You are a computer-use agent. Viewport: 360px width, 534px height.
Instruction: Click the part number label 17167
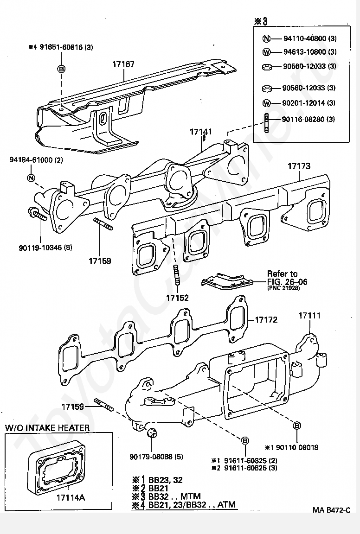123,64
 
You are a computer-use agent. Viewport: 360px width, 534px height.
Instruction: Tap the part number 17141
200,132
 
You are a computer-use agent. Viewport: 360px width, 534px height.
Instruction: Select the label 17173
299,166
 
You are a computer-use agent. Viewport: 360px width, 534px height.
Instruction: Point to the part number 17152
177,298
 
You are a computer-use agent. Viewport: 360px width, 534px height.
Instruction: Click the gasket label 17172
266,320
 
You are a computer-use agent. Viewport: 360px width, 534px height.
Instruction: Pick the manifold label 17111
309,316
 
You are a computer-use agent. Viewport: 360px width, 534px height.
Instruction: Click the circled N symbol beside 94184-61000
31,178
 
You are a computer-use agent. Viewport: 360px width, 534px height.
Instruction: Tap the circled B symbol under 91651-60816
61,69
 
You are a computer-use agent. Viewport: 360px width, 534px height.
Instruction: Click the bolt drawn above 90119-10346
37,215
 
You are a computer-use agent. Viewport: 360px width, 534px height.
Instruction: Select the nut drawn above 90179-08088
150,434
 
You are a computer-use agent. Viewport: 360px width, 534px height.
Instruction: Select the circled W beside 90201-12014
266,103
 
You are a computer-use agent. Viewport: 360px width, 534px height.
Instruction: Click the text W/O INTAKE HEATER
47,427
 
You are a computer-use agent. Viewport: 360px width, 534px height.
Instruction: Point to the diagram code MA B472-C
331,511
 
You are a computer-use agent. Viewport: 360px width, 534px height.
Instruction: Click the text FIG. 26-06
287,281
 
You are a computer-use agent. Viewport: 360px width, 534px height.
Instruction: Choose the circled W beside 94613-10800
266,52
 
